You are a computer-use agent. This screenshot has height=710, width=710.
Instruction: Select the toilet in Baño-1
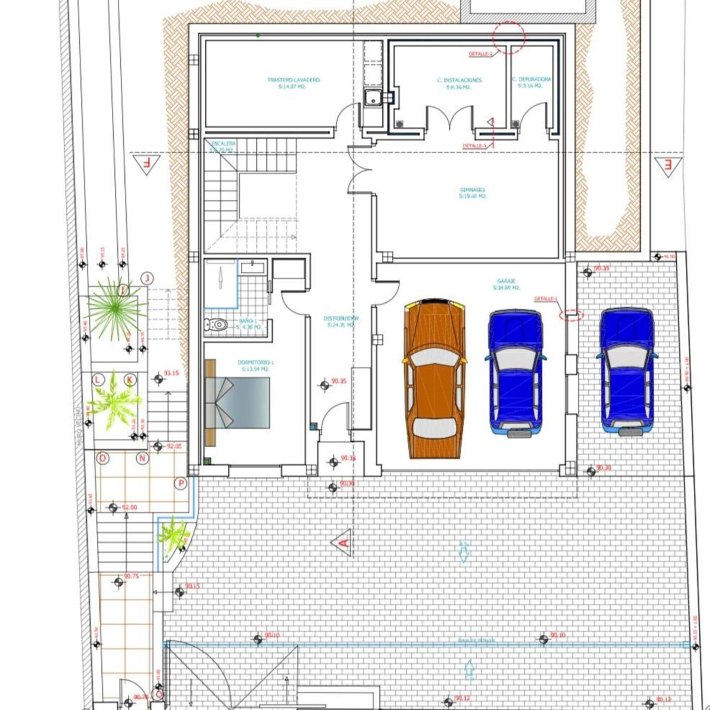[216, 324]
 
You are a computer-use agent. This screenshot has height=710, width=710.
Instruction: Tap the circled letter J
[147, 278]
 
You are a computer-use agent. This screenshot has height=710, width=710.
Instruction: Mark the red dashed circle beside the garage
[571, 314]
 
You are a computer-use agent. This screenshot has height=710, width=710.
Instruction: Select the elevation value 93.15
[172, 373]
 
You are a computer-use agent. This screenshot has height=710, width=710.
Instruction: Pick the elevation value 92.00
[129, 508]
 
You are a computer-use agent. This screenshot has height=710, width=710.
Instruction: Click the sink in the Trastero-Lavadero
[373, 98]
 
